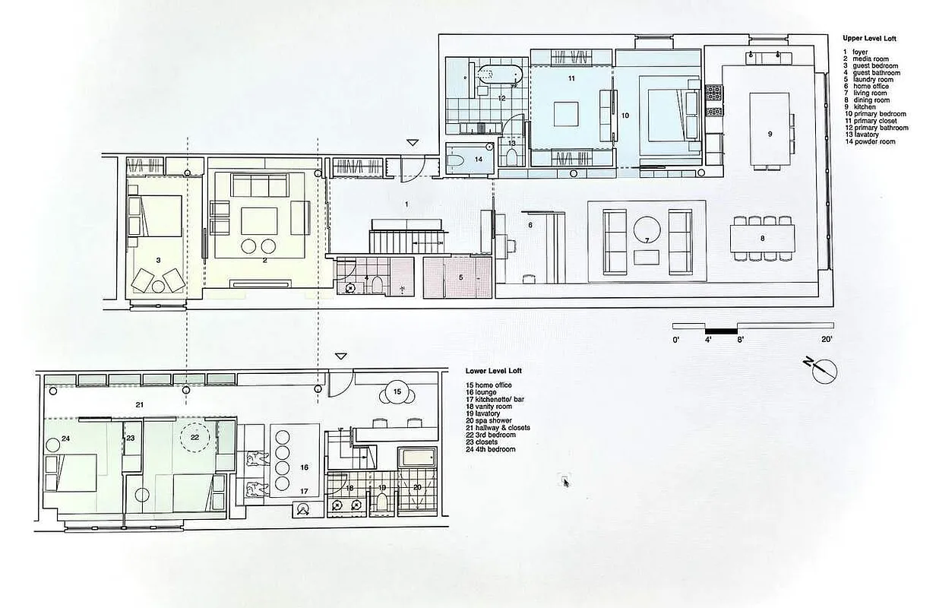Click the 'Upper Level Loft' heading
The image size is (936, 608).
870,38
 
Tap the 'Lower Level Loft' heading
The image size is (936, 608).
493,371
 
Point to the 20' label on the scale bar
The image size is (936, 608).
827,340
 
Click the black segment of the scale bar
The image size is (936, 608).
720,331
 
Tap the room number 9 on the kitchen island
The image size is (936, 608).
770,134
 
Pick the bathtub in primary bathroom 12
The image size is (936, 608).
499,75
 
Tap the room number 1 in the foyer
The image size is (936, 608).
406,204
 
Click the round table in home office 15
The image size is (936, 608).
397,392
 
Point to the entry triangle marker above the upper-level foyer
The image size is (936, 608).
413,142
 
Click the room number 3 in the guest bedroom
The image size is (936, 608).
158,260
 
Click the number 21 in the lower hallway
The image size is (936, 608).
139,404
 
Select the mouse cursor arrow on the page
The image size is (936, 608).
566,482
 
